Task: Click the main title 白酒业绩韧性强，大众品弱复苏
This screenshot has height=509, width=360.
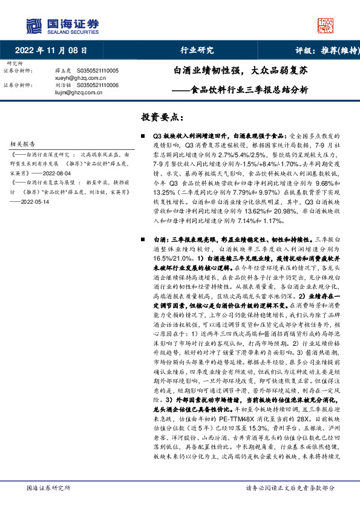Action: pos(241,70)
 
